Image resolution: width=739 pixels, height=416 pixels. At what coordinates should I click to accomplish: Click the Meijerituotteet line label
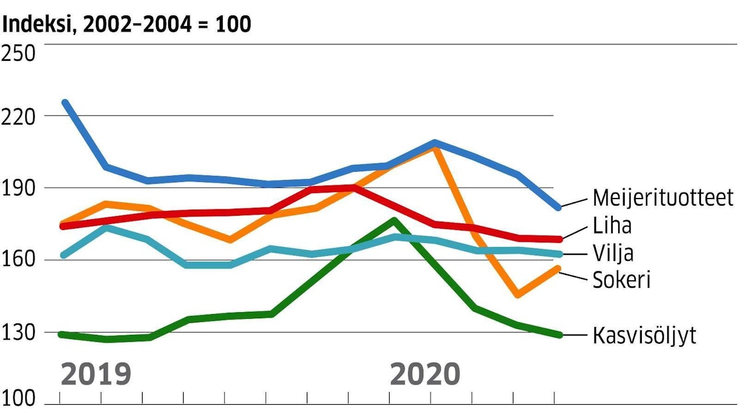click(663, 198)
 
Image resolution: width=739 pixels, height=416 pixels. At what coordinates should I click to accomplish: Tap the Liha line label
click(612, 226)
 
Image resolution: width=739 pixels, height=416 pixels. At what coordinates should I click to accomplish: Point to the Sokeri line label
click(622, 280)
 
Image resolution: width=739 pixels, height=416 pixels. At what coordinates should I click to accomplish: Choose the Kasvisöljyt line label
click(644, 336)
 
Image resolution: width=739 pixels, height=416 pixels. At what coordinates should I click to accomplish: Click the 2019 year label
click(96, 375)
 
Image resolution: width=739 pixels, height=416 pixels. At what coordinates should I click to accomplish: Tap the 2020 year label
click(425, 375)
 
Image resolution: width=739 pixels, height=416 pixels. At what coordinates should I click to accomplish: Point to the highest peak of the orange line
click(435, 146)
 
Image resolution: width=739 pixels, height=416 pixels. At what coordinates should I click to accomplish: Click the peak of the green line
click(394, 220)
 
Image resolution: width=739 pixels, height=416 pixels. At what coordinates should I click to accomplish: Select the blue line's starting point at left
click(65, 102)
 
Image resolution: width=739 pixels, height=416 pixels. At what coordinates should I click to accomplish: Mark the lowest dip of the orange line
click(518, 295)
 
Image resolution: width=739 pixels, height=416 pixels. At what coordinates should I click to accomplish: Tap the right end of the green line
click(558, 335)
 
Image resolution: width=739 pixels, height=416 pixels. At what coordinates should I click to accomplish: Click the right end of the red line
click(558, 239)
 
